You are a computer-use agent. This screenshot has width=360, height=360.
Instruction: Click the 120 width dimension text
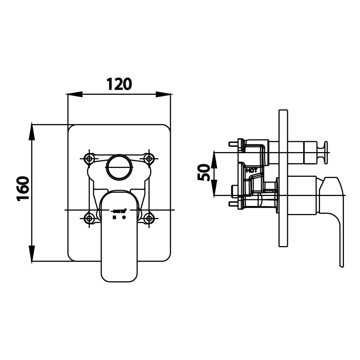[x=119, y=84]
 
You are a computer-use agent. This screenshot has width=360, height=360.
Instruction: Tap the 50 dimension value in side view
[x=204, y=173]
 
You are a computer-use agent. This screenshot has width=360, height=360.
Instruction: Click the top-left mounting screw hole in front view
[x=90, y=158]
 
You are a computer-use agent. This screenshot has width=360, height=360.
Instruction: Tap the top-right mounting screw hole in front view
[x=149, y=158]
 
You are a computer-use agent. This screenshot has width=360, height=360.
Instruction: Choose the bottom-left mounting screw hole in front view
[x=90, y=218]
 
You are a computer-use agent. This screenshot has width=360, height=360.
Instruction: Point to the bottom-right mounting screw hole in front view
[x=149, y=218]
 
